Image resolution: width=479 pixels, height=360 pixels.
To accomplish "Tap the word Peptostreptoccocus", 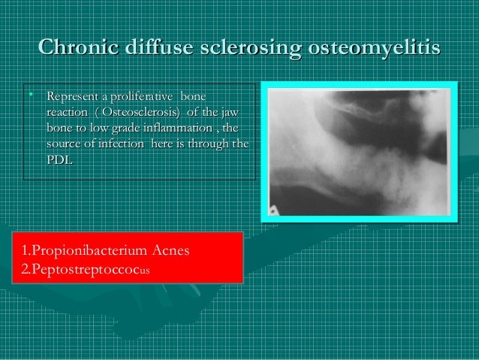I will tap(87, 268).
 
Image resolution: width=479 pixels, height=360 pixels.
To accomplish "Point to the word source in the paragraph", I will tap(64, 144).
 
